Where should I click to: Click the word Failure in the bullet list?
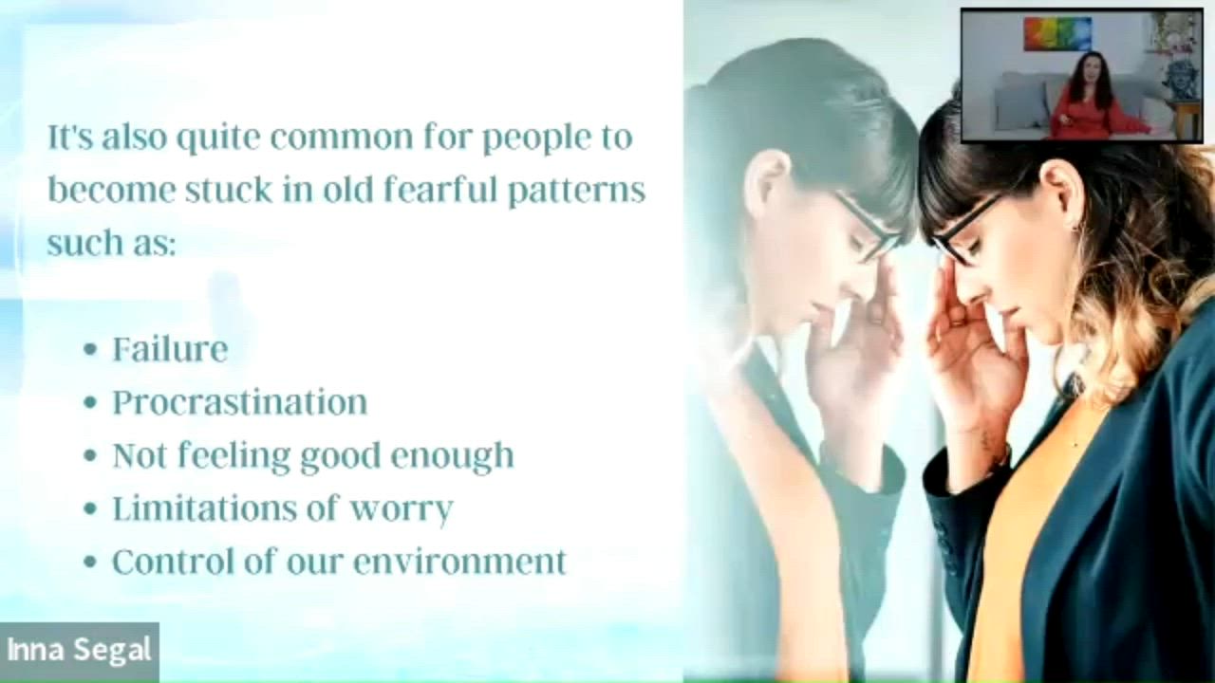[x=170, y=349]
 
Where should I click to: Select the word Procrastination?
[x=240, y=402]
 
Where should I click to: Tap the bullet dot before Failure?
[x=90, y=350]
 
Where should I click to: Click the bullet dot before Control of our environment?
[x=90, y=563]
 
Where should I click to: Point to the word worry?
[x=401, y=509]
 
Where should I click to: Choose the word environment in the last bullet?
[x=460, y=562]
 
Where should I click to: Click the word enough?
[x=452, y=456]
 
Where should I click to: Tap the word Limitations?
[x=204, y=508]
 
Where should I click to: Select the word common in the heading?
[x=342, y=137]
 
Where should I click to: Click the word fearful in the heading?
[x=440, y=189]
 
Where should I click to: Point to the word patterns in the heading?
[x=576, y=191]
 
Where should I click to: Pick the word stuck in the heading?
[x=229, y=189]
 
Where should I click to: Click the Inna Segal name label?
[x=79, y=650]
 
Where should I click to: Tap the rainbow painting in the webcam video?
[x=1057, y=34]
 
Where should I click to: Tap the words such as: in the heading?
[x=112, y=242]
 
